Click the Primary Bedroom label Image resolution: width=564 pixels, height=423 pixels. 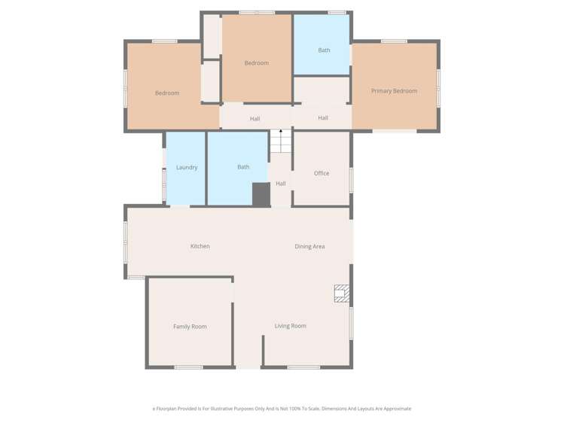pyautogui.click(x=394, y=91)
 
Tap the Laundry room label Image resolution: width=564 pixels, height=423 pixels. pyautogui.click(x=187, y=167)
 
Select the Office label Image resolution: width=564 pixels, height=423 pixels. pyautogui.click(x=322, y=173)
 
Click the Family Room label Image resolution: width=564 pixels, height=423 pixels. pyautogui.click(x=190, y=327)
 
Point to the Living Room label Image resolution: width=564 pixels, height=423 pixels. pyautogui.click(x=290, y=326)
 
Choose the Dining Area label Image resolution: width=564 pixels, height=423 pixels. pyautogui.click(x=309, y=246)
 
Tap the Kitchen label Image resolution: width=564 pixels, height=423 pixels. pyautogui.click(x=200, y=246)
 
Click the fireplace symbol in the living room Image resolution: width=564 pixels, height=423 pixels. pyautogui.click(x=342, y=293)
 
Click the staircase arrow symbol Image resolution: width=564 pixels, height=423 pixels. pyautogui.click(x=281, y=132)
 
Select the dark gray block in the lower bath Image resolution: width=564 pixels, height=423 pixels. pyautogui.click(x=261, y=194)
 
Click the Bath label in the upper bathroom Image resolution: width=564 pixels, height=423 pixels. pyautogui.click(x=324, y=50)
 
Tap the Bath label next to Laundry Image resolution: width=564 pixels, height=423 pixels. pyautogui.click(x=243, y=167)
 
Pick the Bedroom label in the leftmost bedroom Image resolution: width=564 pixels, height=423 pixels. pyautogui.click(x=167, y=93)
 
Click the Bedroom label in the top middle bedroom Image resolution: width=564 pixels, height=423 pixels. pyautogui.click(x=257, y=63)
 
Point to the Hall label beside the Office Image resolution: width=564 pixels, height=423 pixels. pyautogui.click(x=281, y=184)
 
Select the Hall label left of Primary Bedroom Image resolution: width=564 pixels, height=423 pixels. pyautogui.click(x=323, y=118)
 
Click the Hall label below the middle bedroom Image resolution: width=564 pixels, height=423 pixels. pyautogui.click(x=255, y=119)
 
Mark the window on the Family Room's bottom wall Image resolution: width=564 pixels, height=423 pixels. pyautogui.click(x=188, y=367)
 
